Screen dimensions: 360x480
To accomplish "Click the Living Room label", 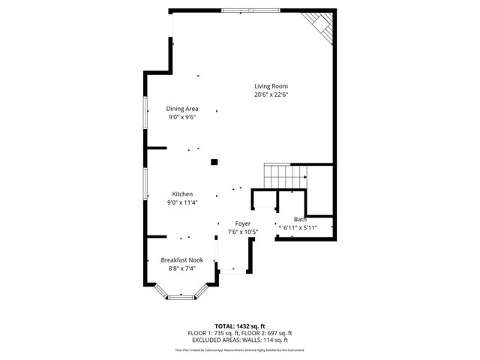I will click(271, 86).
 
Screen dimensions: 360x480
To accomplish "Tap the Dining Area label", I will click(181, 109).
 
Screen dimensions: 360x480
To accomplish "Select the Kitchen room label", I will click(182, 193).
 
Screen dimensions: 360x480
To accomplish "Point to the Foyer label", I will click(242, 223).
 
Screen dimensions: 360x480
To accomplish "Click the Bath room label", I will click(300, 219).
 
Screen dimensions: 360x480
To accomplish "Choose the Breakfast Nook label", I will click(182, 259).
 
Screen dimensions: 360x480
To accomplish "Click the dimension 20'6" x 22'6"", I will click(271, 95).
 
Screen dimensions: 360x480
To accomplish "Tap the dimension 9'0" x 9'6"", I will click(181, 118).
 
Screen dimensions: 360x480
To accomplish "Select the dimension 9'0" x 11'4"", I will click(182, 202).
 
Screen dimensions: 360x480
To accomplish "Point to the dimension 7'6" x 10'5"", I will click(242, 232).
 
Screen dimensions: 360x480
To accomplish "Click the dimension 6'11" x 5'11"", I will click(300, 228).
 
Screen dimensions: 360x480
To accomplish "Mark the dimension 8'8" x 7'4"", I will click(182, 268).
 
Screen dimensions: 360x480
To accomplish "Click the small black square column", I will click(214, 161).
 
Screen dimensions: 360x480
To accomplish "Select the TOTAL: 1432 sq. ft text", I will click(240, 326).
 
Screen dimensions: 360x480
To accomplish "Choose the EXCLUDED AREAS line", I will click(240, 340).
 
